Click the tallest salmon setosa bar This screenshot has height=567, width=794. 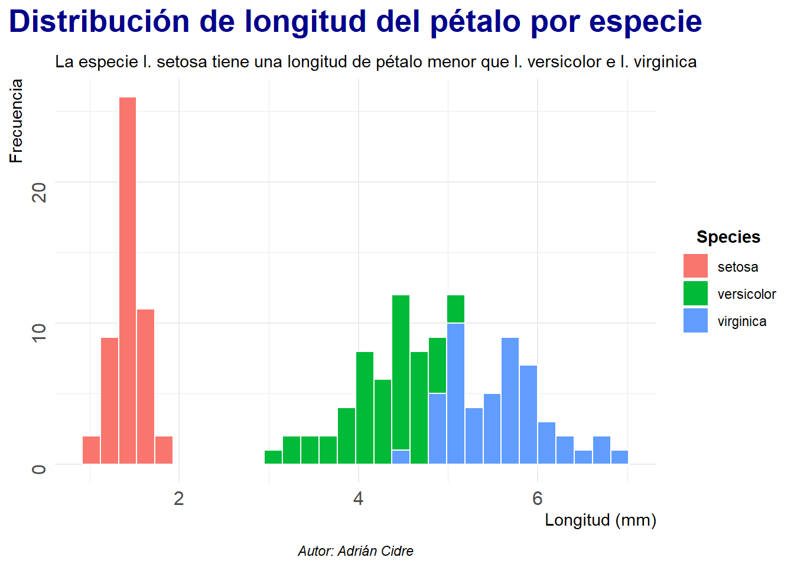pos(128,281)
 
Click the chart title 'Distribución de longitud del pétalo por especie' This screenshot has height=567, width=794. pos(355,21)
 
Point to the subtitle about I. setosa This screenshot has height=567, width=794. pos(376,62)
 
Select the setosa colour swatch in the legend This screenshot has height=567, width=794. pos(695,266)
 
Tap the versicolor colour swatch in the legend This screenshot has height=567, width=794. pos(695,294)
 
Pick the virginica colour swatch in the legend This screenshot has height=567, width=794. pos(695,321)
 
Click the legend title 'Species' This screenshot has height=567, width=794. pos(728,237)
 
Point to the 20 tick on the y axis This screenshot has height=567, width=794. pos(39,191)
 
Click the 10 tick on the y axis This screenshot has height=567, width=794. pos(39,332)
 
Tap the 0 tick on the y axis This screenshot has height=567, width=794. pos(39,470)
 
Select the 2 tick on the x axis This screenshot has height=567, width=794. pos(179,499)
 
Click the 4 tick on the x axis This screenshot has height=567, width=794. pos(358,499)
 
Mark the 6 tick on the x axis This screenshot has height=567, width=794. pos(537,499)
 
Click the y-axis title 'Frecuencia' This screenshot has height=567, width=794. pos(17,121)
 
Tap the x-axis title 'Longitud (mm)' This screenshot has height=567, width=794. pos(600,520)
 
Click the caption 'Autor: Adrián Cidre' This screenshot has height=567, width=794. pos(356,551)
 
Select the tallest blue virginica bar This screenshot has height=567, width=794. pos(455,393)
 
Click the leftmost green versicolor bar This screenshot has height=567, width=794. pos(273,457)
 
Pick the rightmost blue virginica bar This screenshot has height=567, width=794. pos(620,457)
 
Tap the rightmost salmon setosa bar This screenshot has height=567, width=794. pos(164,450)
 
